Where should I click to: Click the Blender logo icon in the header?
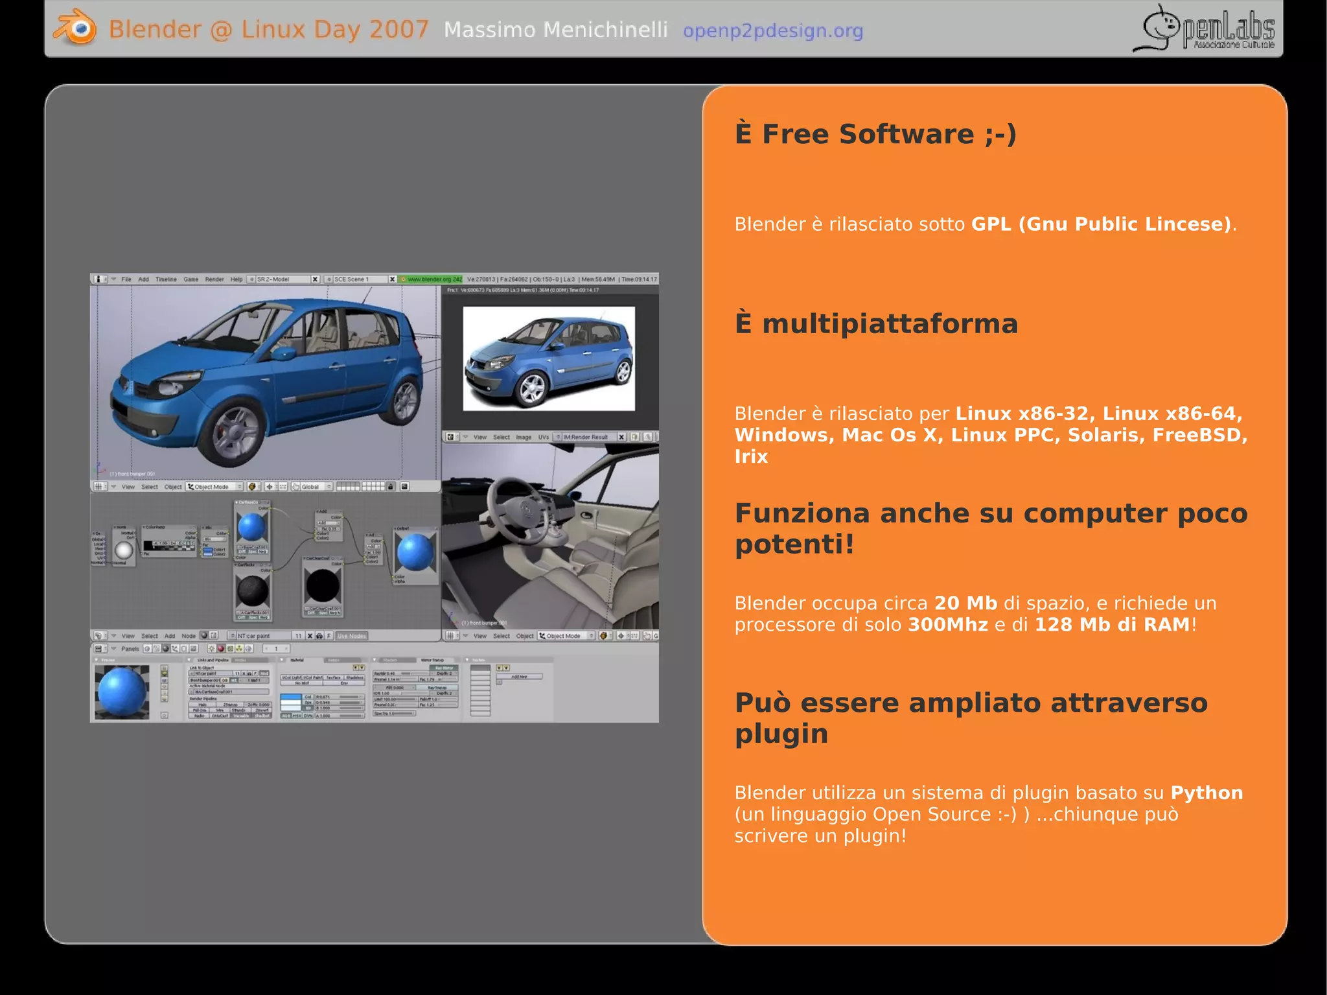pyautogui.click(x=75, y=29)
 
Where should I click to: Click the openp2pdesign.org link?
pyautogui.click(x=772, y=30)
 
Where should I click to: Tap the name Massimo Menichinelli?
pyautogui.click(x=555, y=30)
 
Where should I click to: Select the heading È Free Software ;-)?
pyautogui.click(x=875, y=134)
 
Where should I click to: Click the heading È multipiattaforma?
pyautogui.click(x=876, y=323)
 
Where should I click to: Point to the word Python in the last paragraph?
pyautogui.click(x=1206, y=793)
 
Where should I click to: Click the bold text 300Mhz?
pyautogui.click(x=947, y=625)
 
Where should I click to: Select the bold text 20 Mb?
pyautogui.click(x=965, y=603)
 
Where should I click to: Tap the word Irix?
pyautogui.click(x=750, y=456)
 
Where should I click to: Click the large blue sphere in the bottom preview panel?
pyautogui.click(x=121, y=691)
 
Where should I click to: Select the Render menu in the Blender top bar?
pyautogui.click(x=214, y=279)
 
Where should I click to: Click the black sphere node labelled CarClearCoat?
pyautogui.click(x=322, y=586)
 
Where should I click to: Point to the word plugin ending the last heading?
pyautogui.click(x=781, y=734)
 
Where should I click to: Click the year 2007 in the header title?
pyautogui.click(x=398, y=30)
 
